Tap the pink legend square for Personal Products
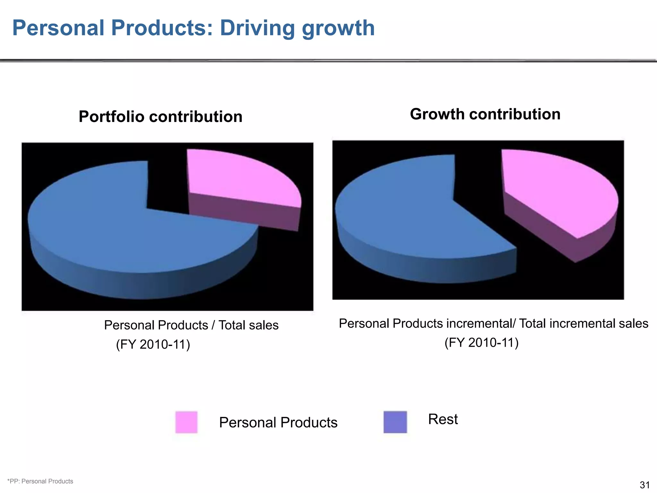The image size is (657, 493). click(x=186, y=422)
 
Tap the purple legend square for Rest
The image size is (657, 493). click(x=395, y=422)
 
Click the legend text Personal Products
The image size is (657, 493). click(x=278, y=422)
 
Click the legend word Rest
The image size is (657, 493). click(x=443, y=419)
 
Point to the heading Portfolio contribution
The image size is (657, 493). click(x=160, y=116)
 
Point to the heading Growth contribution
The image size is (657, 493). click(x=485, y=114)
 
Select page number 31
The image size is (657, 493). click(x=644, y=485)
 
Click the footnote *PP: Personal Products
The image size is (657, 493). click(x=40, y=481)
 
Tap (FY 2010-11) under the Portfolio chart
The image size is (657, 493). click(x=153, y=344)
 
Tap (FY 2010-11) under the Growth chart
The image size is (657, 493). click(x=482, y=342)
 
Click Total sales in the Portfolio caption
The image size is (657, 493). click(x=249, y=325)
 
